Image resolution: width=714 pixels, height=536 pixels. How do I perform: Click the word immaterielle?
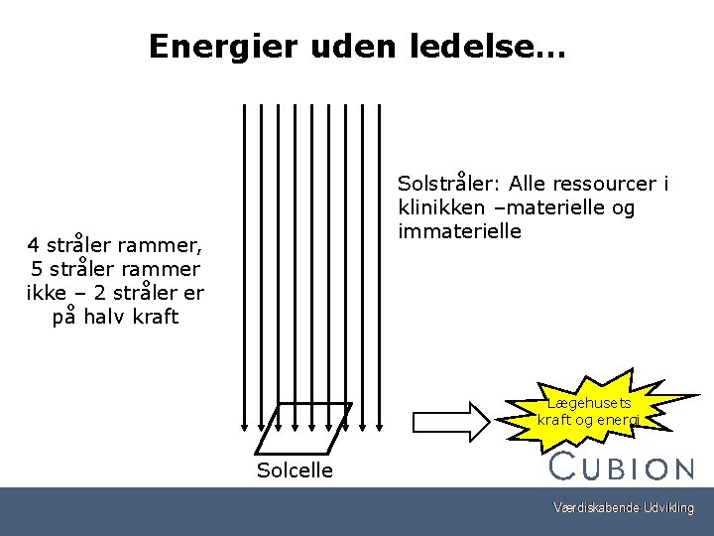[x=458, y=231]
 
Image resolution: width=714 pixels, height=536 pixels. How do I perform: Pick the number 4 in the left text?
[x=34, y=244]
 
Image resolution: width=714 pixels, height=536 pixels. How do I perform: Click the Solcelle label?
[x=295, y=469]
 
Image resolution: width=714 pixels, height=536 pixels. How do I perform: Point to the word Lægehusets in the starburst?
[x=589, y=404]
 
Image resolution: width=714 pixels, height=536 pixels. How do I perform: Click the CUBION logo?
[x=622, y=467]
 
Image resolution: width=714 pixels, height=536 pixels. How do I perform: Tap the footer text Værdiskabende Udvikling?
[x=624, y=509]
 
